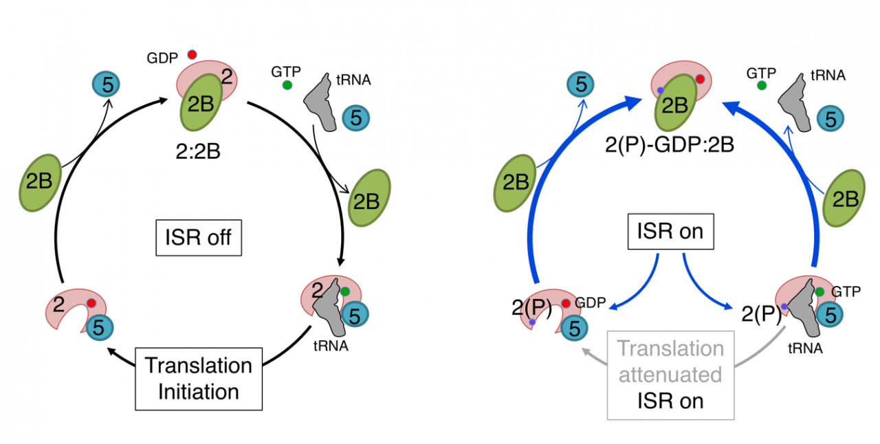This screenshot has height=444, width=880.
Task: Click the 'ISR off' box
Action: click(x=199, y=238)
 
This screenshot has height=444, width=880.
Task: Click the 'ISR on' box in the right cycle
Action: click(x=671, y=232)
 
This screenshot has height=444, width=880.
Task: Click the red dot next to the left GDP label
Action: click(x=192, y=54)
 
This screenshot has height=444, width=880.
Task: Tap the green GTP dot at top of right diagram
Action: click(x=762, y=85)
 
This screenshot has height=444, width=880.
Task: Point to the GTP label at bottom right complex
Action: click(x=846, y=291)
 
